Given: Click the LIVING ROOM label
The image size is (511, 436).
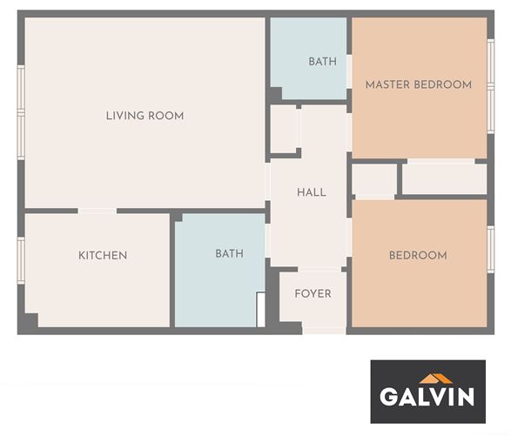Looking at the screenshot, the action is pyautogui.click(x=145, y=116).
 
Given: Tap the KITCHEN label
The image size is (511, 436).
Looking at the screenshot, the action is pyautogui.click(x=103, y=255).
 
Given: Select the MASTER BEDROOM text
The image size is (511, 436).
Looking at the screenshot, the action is pyautogui.click(x=419, y=84).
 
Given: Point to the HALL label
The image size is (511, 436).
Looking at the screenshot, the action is pyautogui.click(x=312, y=192).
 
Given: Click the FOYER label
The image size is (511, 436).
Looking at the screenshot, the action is pyautogui.click(x=313, y=293).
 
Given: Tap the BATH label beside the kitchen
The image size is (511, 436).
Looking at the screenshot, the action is pyautogui.click(x=230, y=253).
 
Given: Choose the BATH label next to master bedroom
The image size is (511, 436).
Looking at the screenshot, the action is pyautogui.click(x=323, y=61).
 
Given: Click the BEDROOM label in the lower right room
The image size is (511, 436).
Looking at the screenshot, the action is pyautogui.click(x=419, y=255).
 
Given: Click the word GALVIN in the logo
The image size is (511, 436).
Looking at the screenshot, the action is pyautogui.click(x=427, y=396).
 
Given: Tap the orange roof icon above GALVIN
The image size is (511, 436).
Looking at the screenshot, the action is pyautogui.click(x=435, y=379).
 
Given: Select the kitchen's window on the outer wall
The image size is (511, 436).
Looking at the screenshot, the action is pyautogui.click(x=21, y=260).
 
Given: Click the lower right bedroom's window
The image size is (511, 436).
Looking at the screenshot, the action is pyautogui.click(x=490, y=249).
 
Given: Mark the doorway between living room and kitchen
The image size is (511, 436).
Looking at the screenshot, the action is pyautogui.click(x=97, y=211).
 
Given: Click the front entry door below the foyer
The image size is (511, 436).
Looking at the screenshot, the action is pyautogui.click(x=324, y=331).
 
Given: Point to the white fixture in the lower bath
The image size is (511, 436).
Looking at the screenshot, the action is pyautogui.click(x=260, y=310).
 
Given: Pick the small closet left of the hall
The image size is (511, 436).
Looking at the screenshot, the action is pyautogui.click(x=283, y=129).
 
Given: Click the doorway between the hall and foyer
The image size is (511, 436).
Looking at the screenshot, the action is pyautogui.click(x=319, y=270).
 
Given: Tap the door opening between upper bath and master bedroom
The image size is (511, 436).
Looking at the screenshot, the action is pyautogui.click(x=349, y=71).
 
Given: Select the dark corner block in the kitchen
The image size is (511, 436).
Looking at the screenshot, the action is pyautogui.click(x=31, y=320).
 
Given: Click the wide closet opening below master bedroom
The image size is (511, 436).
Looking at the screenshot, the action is pyautogui.click(x=441, y=161).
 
